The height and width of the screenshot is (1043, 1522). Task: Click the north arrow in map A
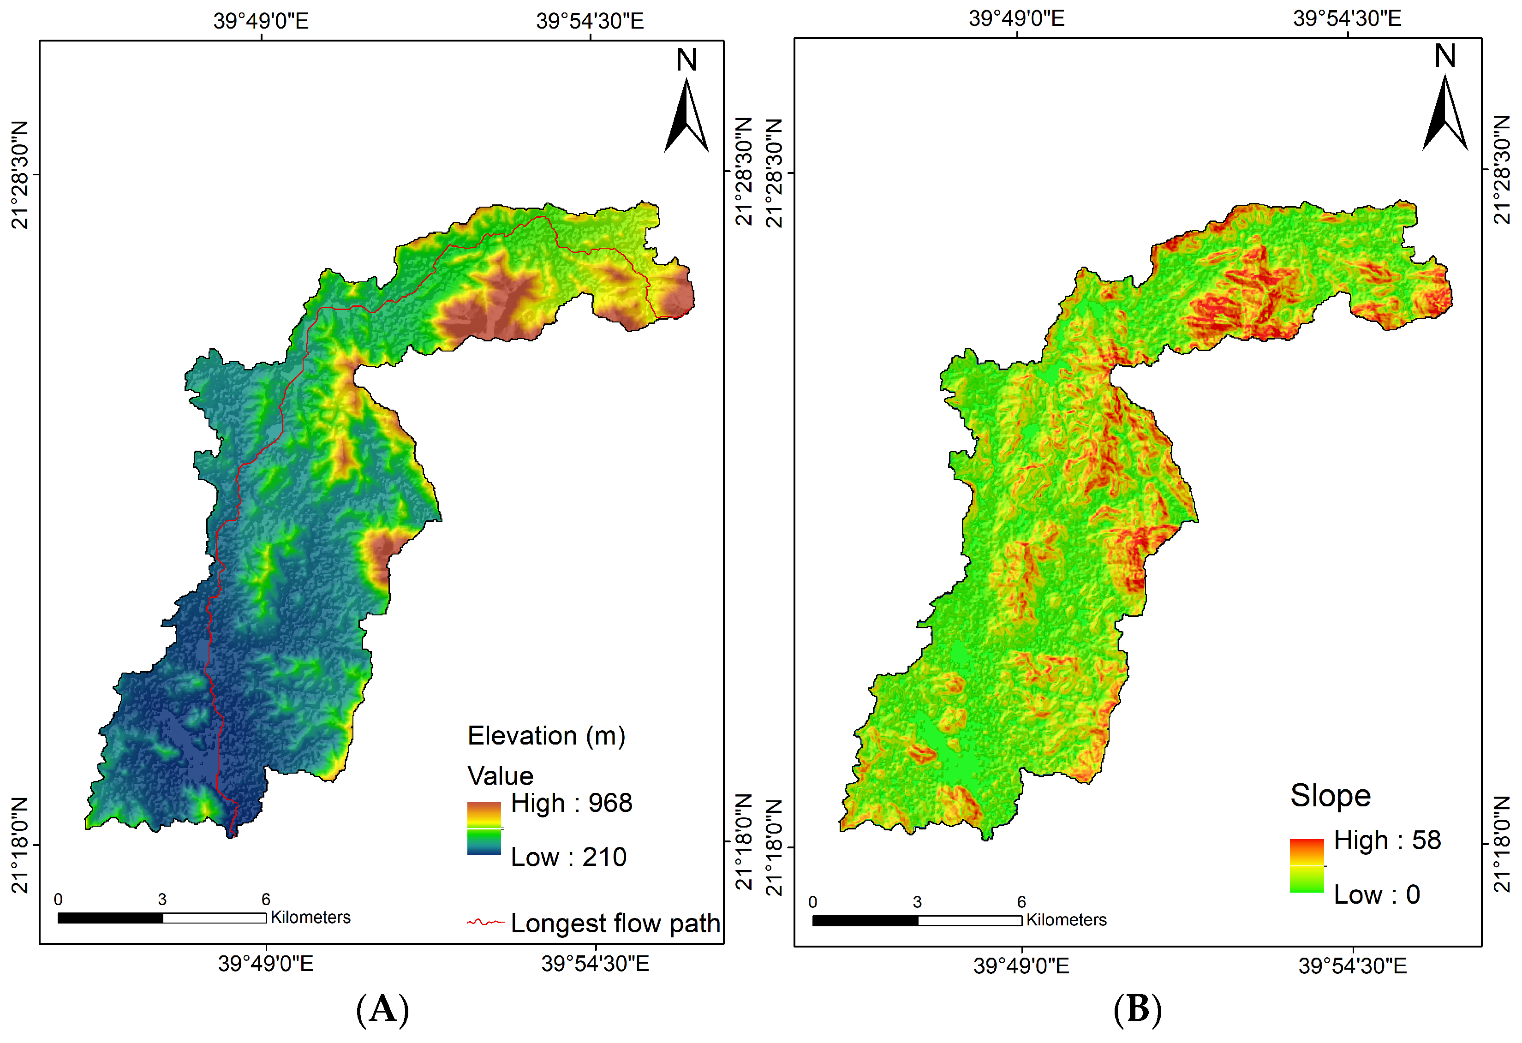686,114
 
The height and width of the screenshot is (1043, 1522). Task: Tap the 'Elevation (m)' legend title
546,736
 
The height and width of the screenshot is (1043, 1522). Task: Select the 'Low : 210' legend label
568,857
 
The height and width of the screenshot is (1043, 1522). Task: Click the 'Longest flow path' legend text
615,923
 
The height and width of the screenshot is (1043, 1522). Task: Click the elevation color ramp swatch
484,828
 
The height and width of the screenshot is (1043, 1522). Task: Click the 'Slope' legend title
1330,795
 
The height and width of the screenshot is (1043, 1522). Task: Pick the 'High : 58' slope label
1387,840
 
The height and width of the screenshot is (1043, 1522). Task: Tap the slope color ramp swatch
1307,865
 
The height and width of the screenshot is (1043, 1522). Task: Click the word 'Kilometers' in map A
310,917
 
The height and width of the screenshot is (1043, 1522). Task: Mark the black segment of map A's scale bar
110,918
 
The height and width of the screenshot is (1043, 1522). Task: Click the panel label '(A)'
382,1009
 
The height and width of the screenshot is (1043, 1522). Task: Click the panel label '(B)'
1138,1009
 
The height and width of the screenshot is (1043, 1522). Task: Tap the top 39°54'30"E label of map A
590,21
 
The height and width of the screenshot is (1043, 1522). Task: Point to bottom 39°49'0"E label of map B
1021,966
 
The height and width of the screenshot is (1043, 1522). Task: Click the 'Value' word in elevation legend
501,776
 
